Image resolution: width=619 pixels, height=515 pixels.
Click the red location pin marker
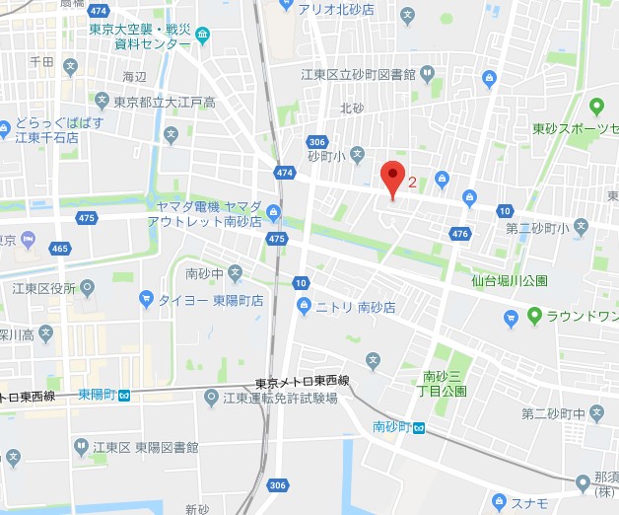[393, 178]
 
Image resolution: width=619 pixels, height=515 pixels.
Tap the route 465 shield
[60, 248]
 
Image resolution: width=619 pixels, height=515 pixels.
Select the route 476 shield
[459, 234]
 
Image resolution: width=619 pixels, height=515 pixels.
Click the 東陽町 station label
[99, 395]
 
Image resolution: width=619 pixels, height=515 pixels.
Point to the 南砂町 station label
[392, 427]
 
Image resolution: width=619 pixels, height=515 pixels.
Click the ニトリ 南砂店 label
[355, 308]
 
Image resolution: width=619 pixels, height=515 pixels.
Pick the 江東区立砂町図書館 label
[359, 74]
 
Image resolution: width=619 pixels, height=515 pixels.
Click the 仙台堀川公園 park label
[509, 281]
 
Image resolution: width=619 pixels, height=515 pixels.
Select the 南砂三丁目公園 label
[445, 383]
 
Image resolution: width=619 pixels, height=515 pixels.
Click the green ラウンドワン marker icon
[535, 316]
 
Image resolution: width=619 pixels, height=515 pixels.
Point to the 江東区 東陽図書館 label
[143, 447]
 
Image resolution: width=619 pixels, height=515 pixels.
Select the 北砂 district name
[353, 108]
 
